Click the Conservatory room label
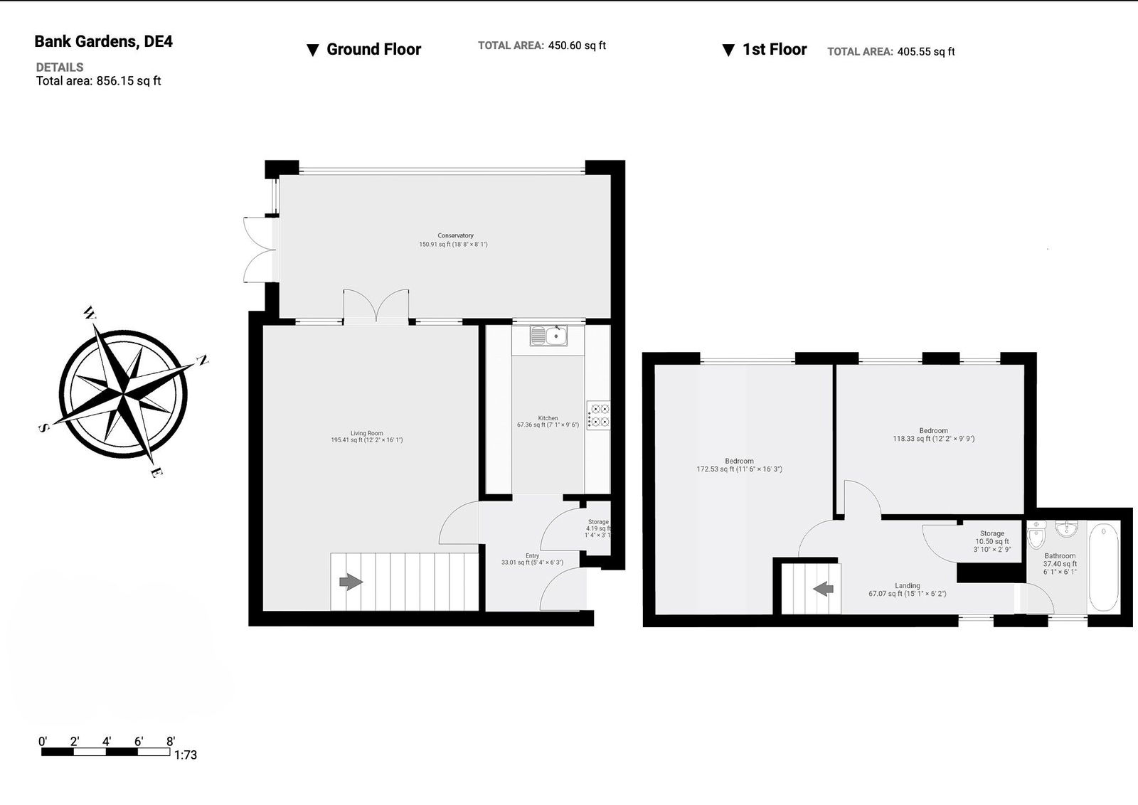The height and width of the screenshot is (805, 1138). pyautogui.click(x=455, y=235)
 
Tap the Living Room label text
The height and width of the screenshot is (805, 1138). pyautogui.click(x=367, y=433)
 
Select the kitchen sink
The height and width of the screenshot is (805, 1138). pyautogui.click(x=548, y=336)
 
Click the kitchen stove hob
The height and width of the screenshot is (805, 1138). pyautogui.click(x=598, y=415)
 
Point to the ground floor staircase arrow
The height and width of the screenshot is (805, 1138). pyautogui.click(x=351, y=582)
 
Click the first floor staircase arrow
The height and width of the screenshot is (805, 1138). pyautogui.click(x=823, y=589)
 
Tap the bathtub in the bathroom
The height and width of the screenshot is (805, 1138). pyautogui.click(x=1103, y=567)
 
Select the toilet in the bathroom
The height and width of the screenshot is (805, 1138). pyautogui.click(x=1036, y=535)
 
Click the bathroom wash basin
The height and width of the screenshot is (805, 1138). pyautogui.click(x=1067, y=528)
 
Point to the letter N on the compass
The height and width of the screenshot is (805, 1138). pyautogui.click(x=203, y=361)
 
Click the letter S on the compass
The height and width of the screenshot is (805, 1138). pyautogui.click(x=44, y=428)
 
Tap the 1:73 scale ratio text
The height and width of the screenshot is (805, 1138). pyautogui.click(x=186, y=755)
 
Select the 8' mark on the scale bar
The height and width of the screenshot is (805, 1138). pyautogui.click(x=171, y=742)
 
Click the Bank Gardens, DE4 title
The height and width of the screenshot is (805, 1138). pyautogui.click(x=104, y=42)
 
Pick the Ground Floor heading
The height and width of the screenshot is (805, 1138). pyautogui.click(x=373, y=49)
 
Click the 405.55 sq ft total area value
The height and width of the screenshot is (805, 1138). pyautogui.click(x=926, y=51)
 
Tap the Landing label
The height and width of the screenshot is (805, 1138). pyautogui.click(x=908, y=585)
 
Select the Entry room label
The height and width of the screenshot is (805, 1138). pyautogui.click(x=533, y=555)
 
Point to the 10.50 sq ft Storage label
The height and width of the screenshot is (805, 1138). pyautogui.click(x=992, y=541)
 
